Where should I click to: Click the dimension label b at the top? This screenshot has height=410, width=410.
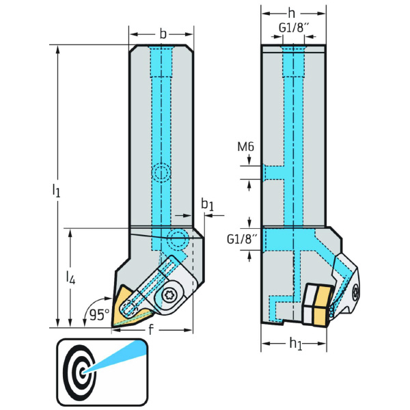pyautogui.click(x=162, y=33)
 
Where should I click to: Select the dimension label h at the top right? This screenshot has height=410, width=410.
pyautogui.click(x=292, y=14)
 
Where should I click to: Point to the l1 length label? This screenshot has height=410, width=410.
pyautogui.click(x=57, y=191)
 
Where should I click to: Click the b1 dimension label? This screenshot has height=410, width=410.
pyautogui.click(x=207, y=204)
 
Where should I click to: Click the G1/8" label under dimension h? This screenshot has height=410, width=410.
pyautogui.click(x=292, y=28)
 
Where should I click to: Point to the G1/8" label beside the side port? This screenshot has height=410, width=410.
pyautogui.click(x=241, y=238)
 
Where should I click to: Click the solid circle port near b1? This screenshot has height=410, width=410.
pyautogui.click(x=178, y=239)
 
